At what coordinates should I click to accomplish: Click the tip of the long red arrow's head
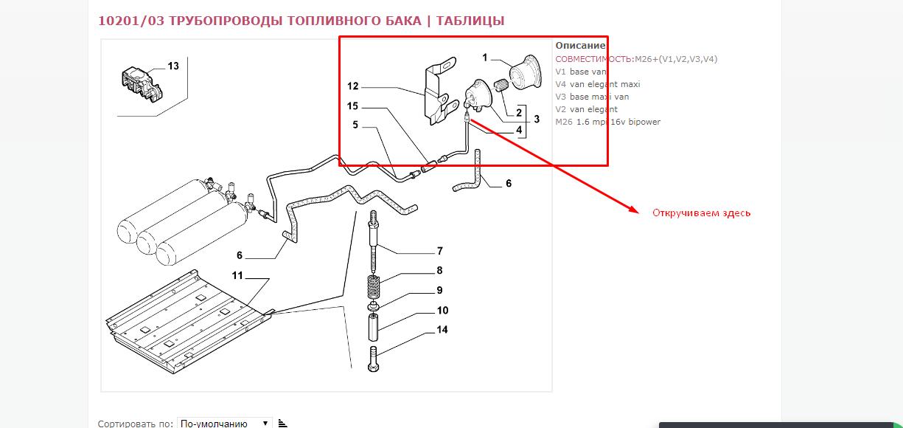coord(639,213)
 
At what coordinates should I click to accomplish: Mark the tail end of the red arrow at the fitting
coord(470,120)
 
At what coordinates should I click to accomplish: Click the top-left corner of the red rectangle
coord(340,37)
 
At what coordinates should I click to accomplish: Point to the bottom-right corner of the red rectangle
coord(607,165)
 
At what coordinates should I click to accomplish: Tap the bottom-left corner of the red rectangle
coord(340,165)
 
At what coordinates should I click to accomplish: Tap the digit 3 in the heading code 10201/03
coord(161,21)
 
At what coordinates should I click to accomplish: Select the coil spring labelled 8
coord(374,287)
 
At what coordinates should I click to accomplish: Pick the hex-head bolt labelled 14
coord(373,359)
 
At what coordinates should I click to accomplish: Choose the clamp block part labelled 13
coord(142,85)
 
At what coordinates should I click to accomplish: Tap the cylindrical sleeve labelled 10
coord(373,327)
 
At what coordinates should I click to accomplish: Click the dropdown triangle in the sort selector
coord(265,423)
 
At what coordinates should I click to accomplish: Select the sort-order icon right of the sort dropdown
coord(282,423)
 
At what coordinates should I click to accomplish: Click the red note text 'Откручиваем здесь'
coord(702,213)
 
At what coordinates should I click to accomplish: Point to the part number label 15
coord(352,106)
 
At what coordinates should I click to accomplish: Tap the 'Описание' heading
coord(581,46)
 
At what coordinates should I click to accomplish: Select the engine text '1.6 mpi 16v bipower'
coord(618,122)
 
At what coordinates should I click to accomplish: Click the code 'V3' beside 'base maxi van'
coord(561,97)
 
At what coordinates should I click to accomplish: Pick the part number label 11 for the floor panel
coord(237,275)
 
